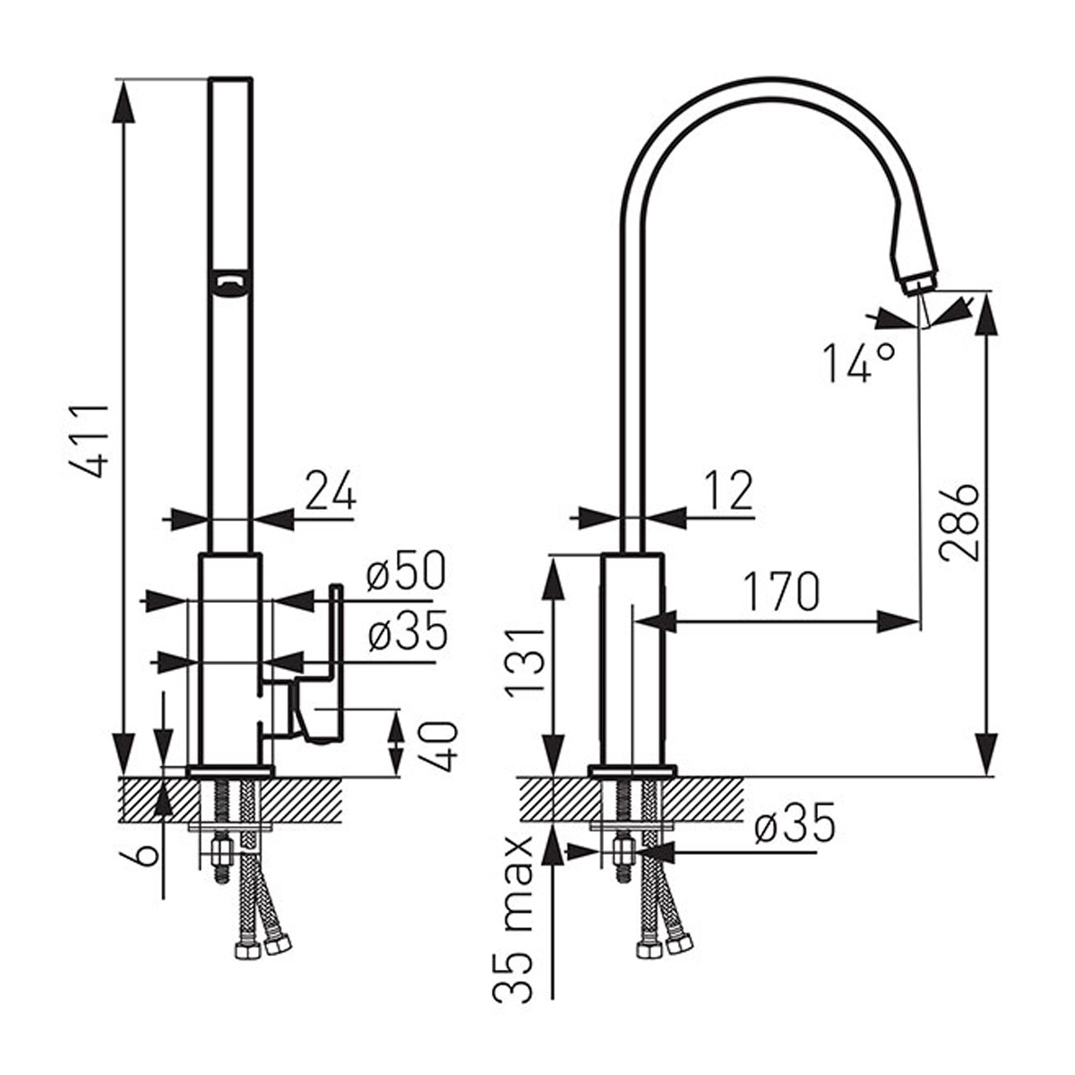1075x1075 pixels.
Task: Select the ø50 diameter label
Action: (x=407, y=572)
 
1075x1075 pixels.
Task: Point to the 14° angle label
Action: (x=860, y=363)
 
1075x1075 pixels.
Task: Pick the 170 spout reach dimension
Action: (x=783, y=590)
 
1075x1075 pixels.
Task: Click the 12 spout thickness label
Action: (x=728, y=491)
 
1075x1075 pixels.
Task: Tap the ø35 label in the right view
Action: (x=795, y=824)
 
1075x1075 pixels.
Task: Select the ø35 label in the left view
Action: (x=408, y=632)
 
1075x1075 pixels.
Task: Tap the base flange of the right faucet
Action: (x=633, y=771)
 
